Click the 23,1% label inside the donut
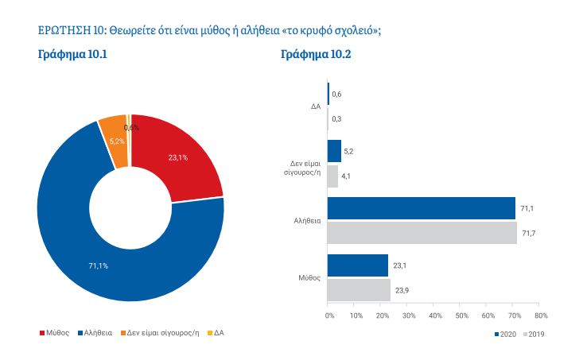[x=177, y=157]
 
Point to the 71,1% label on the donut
[x=99, y=265]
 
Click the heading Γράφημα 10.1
[x=72, y=55]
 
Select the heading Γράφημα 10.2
[x=316, y=55]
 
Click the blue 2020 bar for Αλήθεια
[x=421, y=208]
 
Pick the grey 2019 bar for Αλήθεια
[x=422, y=232]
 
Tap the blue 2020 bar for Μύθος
[x=358, y=265]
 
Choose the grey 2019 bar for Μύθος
[x=359, y=289]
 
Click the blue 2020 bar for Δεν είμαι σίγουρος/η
[x=335, y=151]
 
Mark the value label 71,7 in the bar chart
[x=528, y=232]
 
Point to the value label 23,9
[x=402, y=289]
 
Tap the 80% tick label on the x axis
[x=538, y=315]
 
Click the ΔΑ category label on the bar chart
[x=316, y=106]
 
